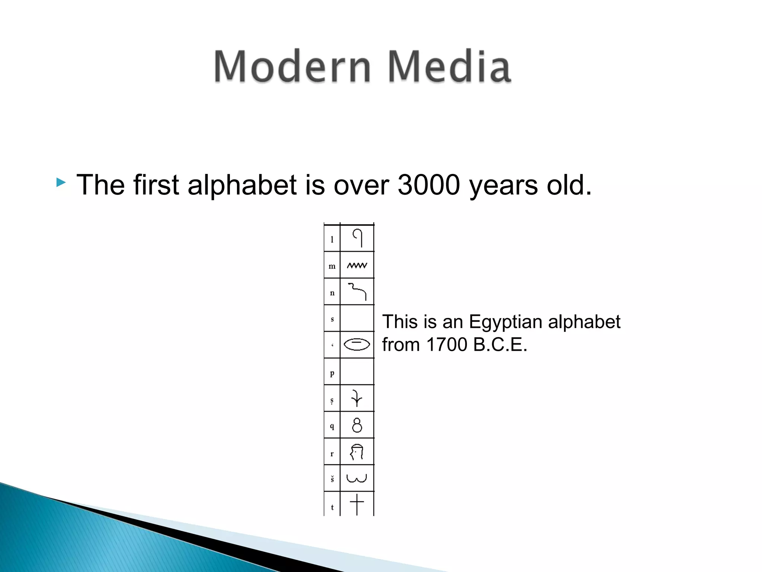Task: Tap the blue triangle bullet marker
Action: (61, 182)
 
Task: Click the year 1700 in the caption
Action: (447, 344)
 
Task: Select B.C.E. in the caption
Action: (500, 344)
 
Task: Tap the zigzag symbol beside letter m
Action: (357, 266)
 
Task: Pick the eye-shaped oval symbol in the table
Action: (357, 344)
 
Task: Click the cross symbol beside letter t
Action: (357, 505)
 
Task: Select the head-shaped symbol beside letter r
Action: (357, 452)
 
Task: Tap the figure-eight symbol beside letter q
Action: (357, 425)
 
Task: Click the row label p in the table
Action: (332, 372)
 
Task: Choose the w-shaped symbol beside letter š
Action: (357, 478)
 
